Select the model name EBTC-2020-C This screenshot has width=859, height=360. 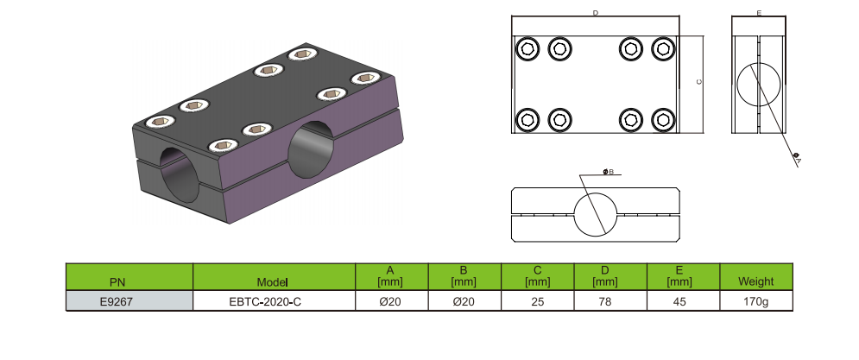(x=273, y=301)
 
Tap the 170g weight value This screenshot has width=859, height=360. (x=755, y=301)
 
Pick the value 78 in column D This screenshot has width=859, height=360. (x=610, y=301)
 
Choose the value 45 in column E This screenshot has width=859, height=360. (x=682, y=301)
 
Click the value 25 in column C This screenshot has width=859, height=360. (x=537, y=301)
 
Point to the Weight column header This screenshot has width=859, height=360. (x=755, y=281)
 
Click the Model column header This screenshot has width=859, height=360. (x=273, y=281)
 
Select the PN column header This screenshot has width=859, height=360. (x=118, y=281)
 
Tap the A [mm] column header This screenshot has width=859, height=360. (x=391, y=276)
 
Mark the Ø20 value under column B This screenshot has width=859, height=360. (x=464, y=301)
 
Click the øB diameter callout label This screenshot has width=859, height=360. (x=608, y=173)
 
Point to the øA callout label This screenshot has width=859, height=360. (x=797, y=158)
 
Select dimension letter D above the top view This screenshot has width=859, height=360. (x=596, y=13)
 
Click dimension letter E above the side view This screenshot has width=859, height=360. (x=758, y=13)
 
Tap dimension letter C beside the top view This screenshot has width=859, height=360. (x=698, y=82)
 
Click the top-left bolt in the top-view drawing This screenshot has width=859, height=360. (x=527, y=49)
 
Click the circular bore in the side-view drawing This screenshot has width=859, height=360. (x=759, y=85)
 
